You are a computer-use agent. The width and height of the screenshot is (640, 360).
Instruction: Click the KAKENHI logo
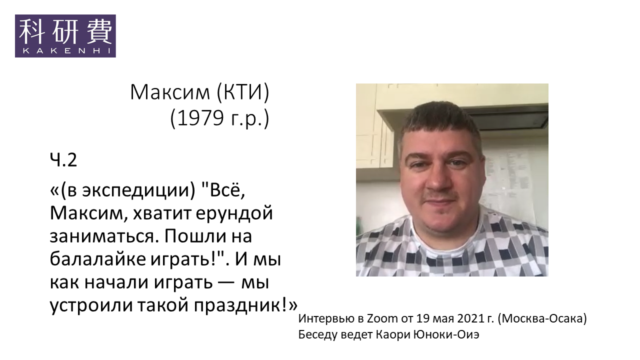pyautogui.click(x=65, y=36)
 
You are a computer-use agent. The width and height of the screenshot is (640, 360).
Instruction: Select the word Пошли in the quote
pyautogui.click(x=200, y=236)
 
